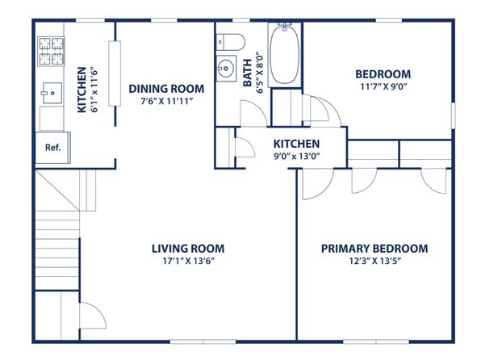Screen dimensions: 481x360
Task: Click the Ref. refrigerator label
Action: point(52,148)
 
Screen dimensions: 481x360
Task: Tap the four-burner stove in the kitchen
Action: point(51,51)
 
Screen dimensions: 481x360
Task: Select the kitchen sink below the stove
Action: point(52,93)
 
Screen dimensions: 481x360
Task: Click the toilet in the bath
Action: point(231,42)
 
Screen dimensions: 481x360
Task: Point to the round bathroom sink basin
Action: point(226,68)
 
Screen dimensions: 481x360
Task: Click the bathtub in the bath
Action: point(285,55)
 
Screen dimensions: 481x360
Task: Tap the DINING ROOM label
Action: point(166,89)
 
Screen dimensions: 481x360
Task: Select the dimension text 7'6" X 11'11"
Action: point(166,101)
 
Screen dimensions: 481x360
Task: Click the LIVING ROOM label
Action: point(188,249)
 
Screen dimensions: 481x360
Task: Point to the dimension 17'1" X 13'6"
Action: point(188,261)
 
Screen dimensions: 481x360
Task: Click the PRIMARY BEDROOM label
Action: point(374,249)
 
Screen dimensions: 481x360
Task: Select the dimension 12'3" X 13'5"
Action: point(375,261)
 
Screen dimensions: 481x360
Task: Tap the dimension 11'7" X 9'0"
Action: point(383,86)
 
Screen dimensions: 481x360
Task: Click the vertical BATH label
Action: point(247,73)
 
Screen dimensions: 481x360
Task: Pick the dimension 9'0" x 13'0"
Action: point(297,157)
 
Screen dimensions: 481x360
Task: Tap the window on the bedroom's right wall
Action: point(453,115)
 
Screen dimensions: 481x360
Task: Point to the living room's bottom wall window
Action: point(203,341)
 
